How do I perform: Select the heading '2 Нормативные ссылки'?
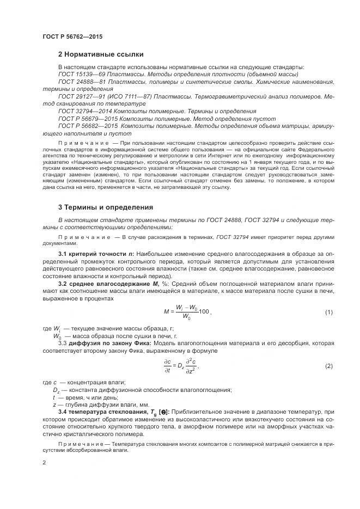pos(101,54)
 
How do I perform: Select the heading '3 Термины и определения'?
pos(106,207)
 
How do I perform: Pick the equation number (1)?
pos(328,312)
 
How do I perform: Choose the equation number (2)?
pos(328,366)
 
